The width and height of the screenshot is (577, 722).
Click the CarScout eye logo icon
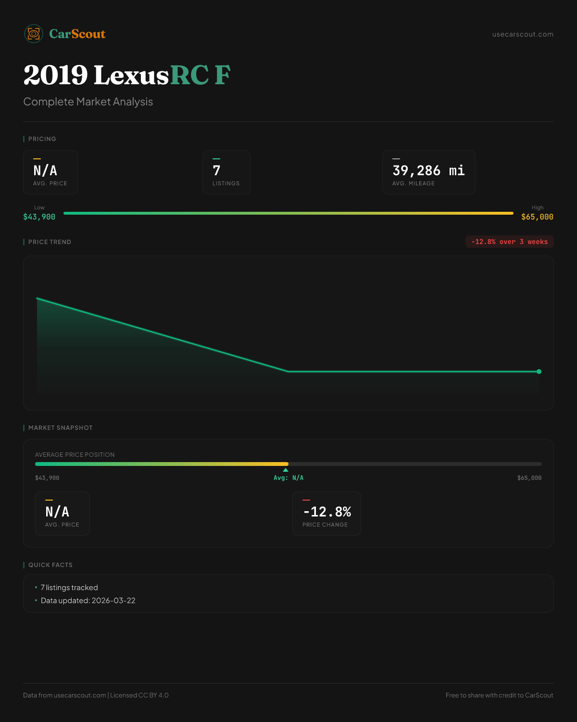(x=34, y=34)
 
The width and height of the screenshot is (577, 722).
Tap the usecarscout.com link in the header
(x=523, y=34)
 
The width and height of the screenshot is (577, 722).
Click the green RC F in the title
(x=200, y=75)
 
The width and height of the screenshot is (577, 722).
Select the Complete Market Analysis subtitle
(x=88, y=102)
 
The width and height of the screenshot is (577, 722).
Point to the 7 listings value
(x=217, y=170)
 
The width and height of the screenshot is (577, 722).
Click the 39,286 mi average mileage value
(x=428, y=170)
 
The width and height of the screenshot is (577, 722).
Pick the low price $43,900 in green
(x=39, y=217)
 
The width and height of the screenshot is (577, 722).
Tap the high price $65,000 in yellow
(x=537, y=217)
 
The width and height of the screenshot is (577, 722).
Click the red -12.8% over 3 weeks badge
(x=509, y=242)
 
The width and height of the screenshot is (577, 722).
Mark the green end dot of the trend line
(x=539, y=372)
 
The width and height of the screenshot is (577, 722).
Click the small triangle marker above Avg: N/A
(x=286, y=470)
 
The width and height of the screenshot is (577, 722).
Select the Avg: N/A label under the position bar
(x=288, y=478)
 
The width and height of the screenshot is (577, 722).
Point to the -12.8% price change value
(x=327, y=512)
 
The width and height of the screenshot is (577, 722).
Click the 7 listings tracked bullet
(x=69, y=587)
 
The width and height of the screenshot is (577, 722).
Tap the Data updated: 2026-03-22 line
(x=88, y=600)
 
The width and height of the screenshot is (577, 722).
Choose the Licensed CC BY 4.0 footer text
(x=139, y=695)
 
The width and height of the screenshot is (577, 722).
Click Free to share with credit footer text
(x=499, y=695)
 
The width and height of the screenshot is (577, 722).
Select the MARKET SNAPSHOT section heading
(x=60, y=427)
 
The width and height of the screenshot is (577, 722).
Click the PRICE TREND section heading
(x=50, y=242)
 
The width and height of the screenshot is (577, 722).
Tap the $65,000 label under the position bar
(x=529, y=478)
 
